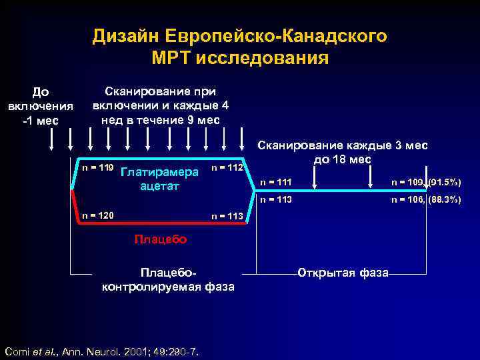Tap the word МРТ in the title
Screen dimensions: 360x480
(174, 57)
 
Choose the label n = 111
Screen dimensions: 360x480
(276, 181)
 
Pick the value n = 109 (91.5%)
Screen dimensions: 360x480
(425, 181)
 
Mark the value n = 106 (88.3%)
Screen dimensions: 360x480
(425, 199)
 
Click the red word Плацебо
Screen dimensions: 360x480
(160, 239)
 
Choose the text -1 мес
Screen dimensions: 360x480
(40, 120)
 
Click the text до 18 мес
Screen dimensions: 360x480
(341, 160)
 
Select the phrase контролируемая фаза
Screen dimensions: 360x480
(167, 287)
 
